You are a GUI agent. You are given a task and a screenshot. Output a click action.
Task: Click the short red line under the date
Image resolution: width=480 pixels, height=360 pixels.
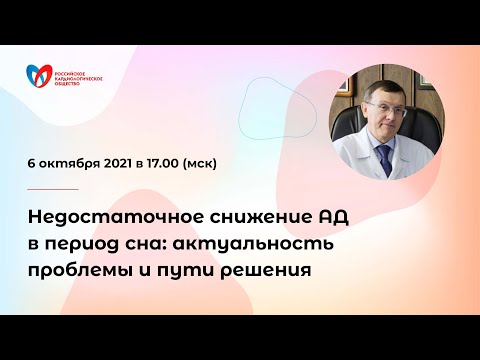pos(54,188)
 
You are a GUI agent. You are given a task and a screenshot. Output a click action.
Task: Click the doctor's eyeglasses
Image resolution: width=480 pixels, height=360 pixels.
pos(383,100)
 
